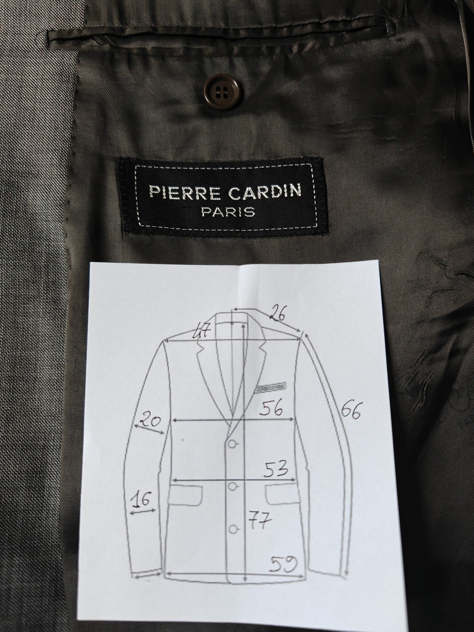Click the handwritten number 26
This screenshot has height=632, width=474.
[x=277, y=315]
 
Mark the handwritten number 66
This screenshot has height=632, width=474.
[x=351, y=411]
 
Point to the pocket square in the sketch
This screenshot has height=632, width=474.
[x=270, y=388]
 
